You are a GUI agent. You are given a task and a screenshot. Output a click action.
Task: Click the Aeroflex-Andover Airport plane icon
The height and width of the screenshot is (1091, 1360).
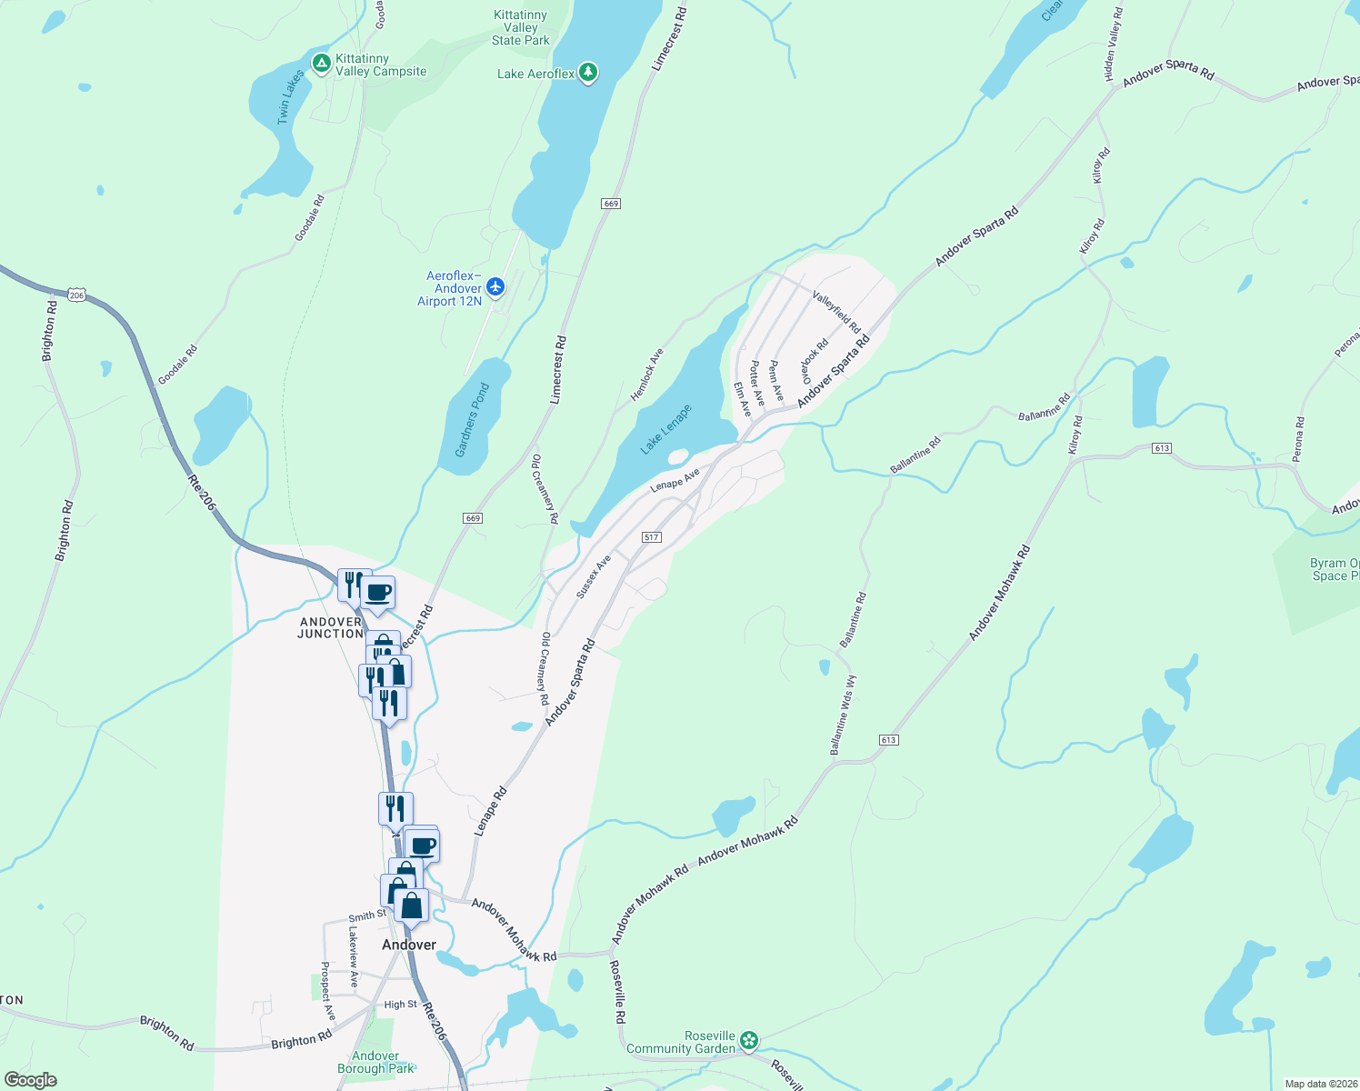[495, 287]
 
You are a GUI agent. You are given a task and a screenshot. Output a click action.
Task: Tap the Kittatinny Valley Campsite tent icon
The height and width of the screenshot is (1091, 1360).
[321, 64]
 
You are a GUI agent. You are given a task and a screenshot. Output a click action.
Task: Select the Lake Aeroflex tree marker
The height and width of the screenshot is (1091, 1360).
[588, 73]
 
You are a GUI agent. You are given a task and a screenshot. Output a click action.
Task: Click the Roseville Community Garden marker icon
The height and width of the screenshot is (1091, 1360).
[749, 1040]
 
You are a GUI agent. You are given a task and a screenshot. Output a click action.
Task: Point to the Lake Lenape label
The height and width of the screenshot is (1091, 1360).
[665, 429]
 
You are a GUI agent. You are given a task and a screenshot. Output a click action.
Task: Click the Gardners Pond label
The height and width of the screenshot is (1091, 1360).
[472, 419]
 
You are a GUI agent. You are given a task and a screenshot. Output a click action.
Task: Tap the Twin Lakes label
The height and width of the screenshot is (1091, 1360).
[290, 96]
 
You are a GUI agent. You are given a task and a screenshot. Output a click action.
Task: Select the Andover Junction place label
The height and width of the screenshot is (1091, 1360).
[331, 627]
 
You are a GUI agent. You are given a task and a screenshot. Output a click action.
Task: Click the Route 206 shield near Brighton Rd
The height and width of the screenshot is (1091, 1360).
[76, 295]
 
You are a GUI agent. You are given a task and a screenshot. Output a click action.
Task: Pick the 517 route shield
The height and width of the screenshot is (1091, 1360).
[651, 537]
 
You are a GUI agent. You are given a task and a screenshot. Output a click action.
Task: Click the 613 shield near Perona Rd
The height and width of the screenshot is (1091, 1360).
[1161, 448]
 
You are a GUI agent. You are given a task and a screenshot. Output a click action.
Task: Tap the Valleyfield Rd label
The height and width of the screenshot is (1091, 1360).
[836, 312]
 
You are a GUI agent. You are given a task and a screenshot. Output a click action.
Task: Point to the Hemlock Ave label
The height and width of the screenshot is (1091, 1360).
[647, 375]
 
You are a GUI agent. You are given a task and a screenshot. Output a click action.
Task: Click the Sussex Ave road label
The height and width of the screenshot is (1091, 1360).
[593, 576]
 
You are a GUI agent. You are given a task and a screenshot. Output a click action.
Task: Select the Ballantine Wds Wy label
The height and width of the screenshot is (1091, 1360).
[843, 715]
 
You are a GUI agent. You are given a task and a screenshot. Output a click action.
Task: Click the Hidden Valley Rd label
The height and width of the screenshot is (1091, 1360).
[1113, 45]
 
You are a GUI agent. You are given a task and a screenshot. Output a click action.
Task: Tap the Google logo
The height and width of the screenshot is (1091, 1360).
[30, 1080]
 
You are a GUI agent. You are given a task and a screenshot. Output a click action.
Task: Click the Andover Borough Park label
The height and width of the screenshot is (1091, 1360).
[375, 1062]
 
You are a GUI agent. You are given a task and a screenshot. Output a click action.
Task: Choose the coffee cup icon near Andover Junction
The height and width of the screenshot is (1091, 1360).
[378, 594]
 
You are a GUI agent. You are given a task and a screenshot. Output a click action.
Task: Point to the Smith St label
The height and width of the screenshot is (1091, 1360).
[367, 916]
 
